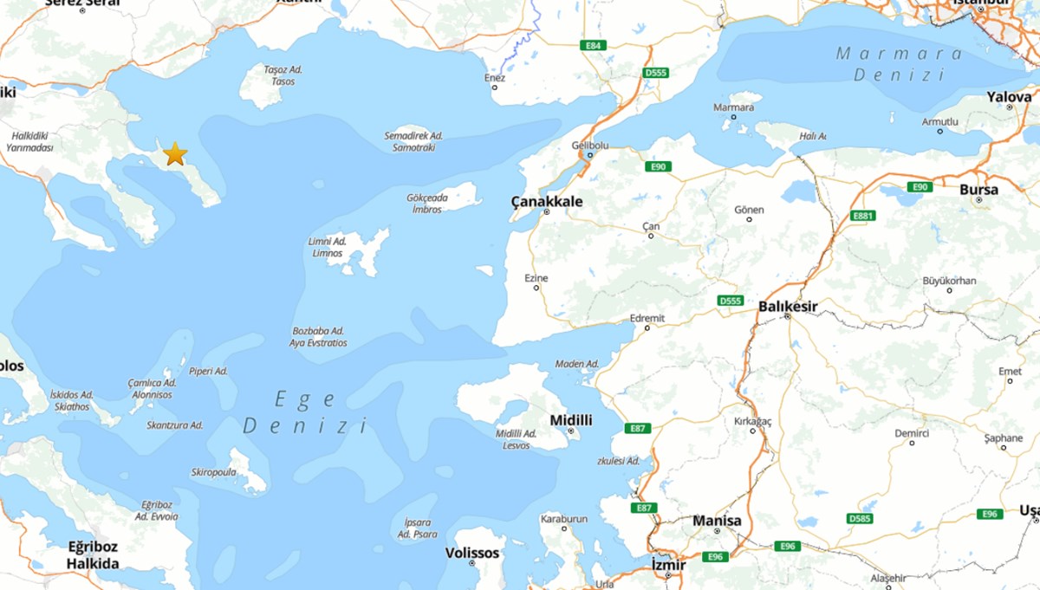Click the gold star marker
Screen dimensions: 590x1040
point(175,154)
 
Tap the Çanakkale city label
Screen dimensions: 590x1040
point(546,202)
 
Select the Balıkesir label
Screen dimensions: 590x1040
point(787,306)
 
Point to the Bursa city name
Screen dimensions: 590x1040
point(978,190)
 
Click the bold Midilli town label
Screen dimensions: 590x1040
point(571,420)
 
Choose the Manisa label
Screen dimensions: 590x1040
point(717,521)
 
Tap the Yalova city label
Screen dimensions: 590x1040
point(1010,97)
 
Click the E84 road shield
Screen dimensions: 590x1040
point(593,45)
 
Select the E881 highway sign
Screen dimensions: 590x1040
point(863,216)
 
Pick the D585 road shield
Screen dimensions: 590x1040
point(860,518)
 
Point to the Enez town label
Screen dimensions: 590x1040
point(494,78)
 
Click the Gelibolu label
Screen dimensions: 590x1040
point(587,146)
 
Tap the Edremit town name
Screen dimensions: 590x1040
point(647,318)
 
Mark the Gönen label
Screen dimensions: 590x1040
point(749,210)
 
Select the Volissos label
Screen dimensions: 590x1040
point(472,553)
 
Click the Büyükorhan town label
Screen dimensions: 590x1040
point(949,281)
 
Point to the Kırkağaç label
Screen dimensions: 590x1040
point(752,420)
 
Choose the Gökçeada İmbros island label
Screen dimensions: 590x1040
point(427,204)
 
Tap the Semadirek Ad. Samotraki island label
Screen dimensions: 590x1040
point(413,142)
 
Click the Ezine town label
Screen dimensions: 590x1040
point(536,278)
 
